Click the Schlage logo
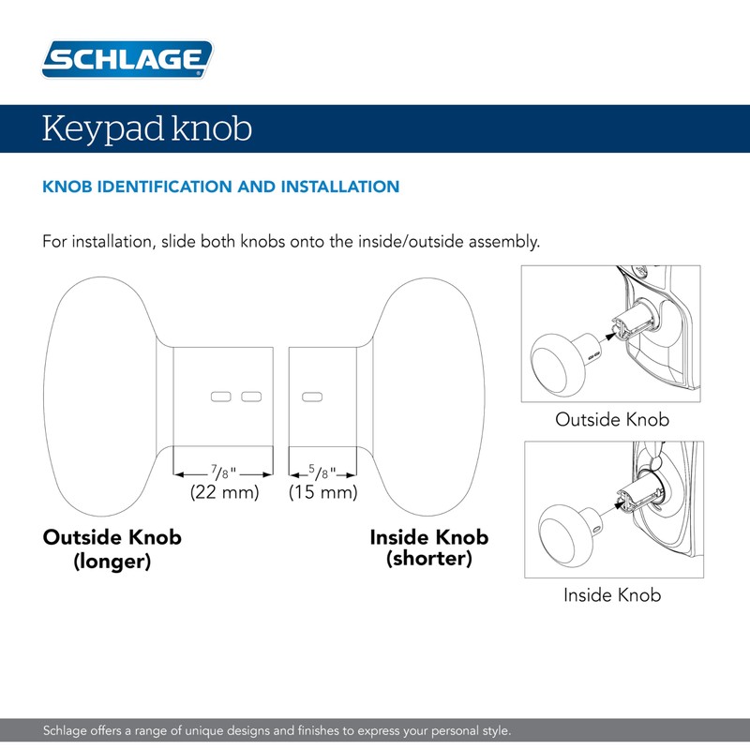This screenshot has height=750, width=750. [127, 60]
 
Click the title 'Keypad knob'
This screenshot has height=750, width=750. [146, 128]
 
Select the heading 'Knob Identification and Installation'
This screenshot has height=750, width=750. [221, 187]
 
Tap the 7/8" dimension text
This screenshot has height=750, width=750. [223, 472]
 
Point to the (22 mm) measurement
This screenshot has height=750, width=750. [224, 492]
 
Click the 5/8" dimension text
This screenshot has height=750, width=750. [323, 472]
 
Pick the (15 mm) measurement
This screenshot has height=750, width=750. [323, 492]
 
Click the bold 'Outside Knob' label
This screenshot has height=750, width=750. [112, 538]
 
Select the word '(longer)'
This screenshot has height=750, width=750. [112, 562]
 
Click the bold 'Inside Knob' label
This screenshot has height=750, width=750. [428, 537]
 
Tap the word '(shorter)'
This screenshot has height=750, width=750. [429, 560]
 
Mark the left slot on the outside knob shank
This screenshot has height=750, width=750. [220, 397]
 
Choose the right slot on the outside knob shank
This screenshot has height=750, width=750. [250, 397]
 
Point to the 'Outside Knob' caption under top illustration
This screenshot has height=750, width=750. [612, 419]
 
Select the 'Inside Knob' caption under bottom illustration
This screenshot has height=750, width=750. [612, 594]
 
